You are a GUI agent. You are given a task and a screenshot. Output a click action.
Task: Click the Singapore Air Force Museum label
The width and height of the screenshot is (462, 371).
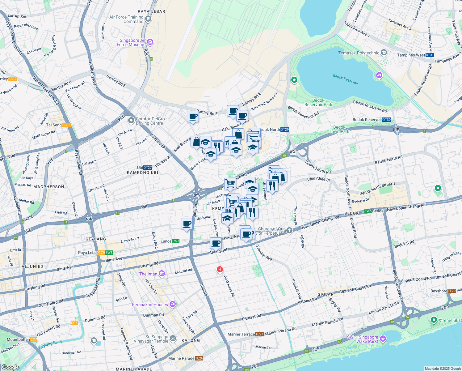pyautogui.click(x=132, y=42)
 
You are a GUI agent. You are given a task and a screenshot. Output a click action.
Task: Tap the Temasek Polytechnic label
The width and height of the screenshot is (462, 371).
pyautogui.click(x=359, y=53)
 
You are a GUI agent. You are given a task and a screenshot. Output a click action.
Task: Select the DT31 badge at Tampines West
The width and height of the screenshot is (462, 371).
pyautogui.click(x=430, y=55)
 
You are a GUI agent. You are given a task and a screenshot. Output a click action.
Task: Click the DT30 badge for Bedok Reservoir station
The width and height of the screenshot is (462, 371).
pyautogui.click(x=387, y=120)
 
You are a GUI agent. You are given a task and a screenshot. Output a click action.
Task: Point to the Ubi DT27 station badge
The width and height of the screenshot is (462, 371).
pyautogui.click(x=148, y=168)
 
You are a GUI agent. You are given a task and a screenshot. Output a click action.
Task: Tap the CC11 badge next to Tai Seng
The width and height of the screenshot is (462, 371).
pyautogui.click(x=66, y=125)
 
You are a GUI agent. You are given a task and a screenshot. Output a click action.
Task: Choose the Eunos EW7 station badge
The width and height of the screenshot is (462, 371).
pyautogui.click(x=175, y=241)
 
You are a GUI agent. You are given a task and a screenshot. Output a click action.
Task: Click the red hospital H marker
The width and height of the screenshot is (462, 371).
pyautogui.click(x=220, y=269)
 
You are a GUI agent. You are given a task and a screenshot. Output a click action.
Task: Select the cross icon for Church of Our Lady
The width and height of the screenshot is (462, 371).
pyautogui.click(x=289, y=230)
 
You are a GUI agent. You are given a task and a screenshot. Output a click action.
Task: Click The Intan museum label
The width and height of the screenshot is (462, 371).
pyautogui.click(x=148, y=274)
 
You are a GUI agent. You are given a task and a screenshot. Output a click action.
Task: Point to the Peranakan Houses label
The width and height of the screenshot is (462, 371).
pyautogui.click(x=150, y=305)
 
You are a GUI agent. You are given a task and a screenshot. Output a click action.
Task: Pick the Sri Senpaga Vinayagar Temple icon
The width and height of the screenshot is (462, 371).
pyautogui.click(x=173, y=338)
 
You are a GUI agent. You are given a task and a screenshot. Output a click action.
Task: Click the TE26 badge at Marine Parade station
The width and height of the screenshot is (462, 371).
pyautogui.click(x=199, y=358)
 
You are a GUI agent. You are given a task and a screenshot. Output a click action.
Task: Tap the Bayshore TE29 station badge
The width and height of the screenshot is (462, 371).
pyautogui.click(x=451, y=291)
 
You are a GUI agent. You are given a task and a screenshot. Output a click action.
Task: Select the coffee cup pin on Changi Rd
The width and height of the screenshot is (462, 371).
pyautogui.click(x=216, y=243)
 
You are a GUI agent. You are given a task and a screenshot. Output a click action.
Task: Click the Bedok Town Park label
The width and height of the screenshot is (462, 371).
pyautogui.click(x=339, y=129)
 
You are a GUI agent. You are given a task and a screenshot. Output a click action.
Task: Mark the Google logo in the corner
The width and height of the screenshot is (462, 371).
pyautogui.click(x=10, y=367)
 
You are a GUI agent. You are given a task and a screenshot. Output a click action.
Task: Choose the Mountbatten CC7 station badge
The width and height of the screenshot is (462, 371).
pyautogui.click(x=34, y=339)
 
